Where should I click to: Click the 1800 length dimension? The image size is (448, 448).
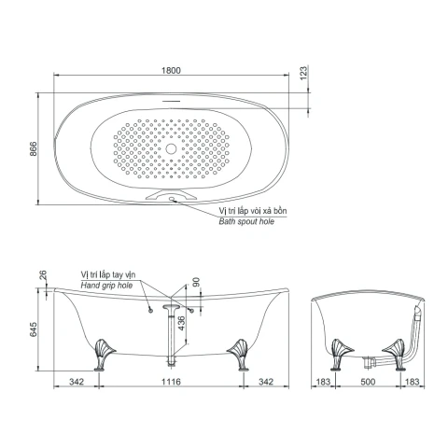pyautogui.click(x=171, y=70)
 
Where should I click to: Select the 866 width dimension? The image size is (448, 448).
pyautogui.click(x=33, y=149)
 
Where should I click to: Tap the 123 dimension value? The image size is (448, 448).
pyautogui.click(x=303, y=73)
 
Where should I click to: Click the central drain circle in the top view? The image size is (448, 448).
pyautogui.click(x=171, y=148)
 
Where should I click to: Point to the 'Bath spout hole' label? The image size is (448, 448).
pyautogui.click(x=246, y=221)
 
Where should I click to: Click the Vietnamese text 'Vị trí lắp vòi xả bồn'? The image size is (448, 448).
pyautogui.click(x=253, y=211)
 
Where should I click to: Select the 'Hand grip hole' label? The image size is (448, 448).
pyautogui.click(x=106, y=286)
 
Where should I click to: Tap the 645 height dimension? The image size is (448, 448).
pyautogui.click(x=33, y=329)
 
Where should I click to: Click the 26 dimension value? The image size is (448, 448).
pyautogui.click(x=43, y=275)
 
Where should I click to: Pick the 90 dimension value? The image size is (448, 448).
pyautogui.click(x=196, y=282)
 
